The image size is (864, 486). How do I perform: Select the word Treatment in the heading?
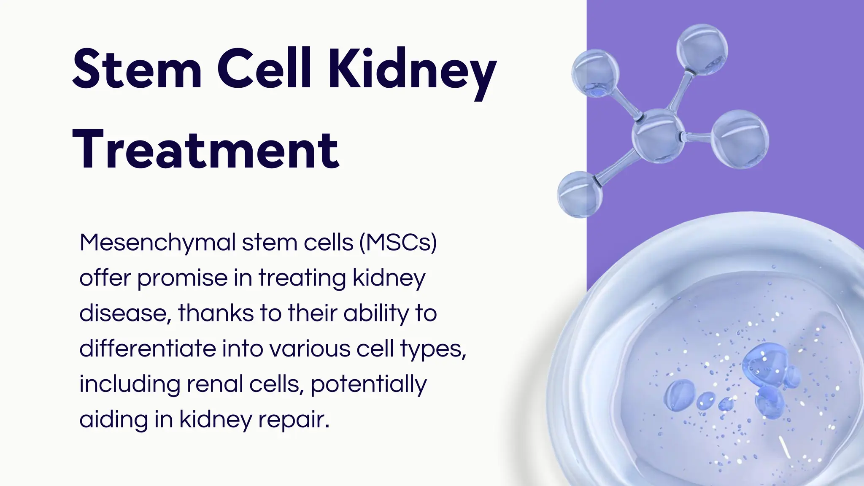tap(206, 150)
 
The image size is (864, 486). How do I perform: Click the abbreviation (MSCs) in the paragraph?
tap(398, 243)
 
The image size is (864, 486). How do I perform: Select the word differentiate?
tap(147, 349)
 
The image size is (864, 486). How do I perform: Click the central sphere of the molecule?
tap(658, 135)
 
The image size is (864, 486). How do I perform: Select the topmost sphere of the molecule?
tap(702, 49)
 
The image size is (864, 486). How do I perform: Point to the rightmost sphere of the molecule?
tap(740, 139)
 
